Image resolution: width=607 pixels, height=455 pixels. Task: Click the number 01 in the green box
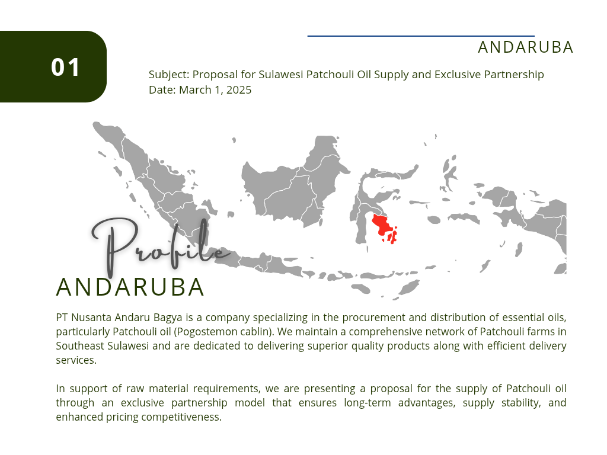[x=65, y=68]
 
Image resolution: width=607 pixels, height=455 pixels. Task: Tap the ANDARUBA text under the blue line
[x=525, y=47]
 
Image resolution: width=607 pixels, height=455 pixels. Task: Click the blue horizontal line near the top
[x=421, y=36]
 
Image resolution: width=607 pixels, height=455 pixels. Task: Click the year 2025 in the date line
[x=239, y=90]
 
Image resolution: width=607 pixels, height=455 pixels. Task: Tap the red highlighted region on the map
[x=385, y=228]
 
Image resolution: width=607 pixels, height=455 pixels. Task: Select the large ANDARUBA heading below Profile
[x=130, y=287]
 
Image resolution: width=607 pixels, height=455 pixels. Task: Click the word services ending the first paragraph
[x=76, y=360]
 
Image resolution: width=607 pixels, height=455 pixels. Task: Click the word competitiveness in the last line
[x=181, y=417]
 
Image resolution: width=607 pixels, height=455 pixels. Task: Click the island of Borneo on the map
[x=294, y=185]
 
